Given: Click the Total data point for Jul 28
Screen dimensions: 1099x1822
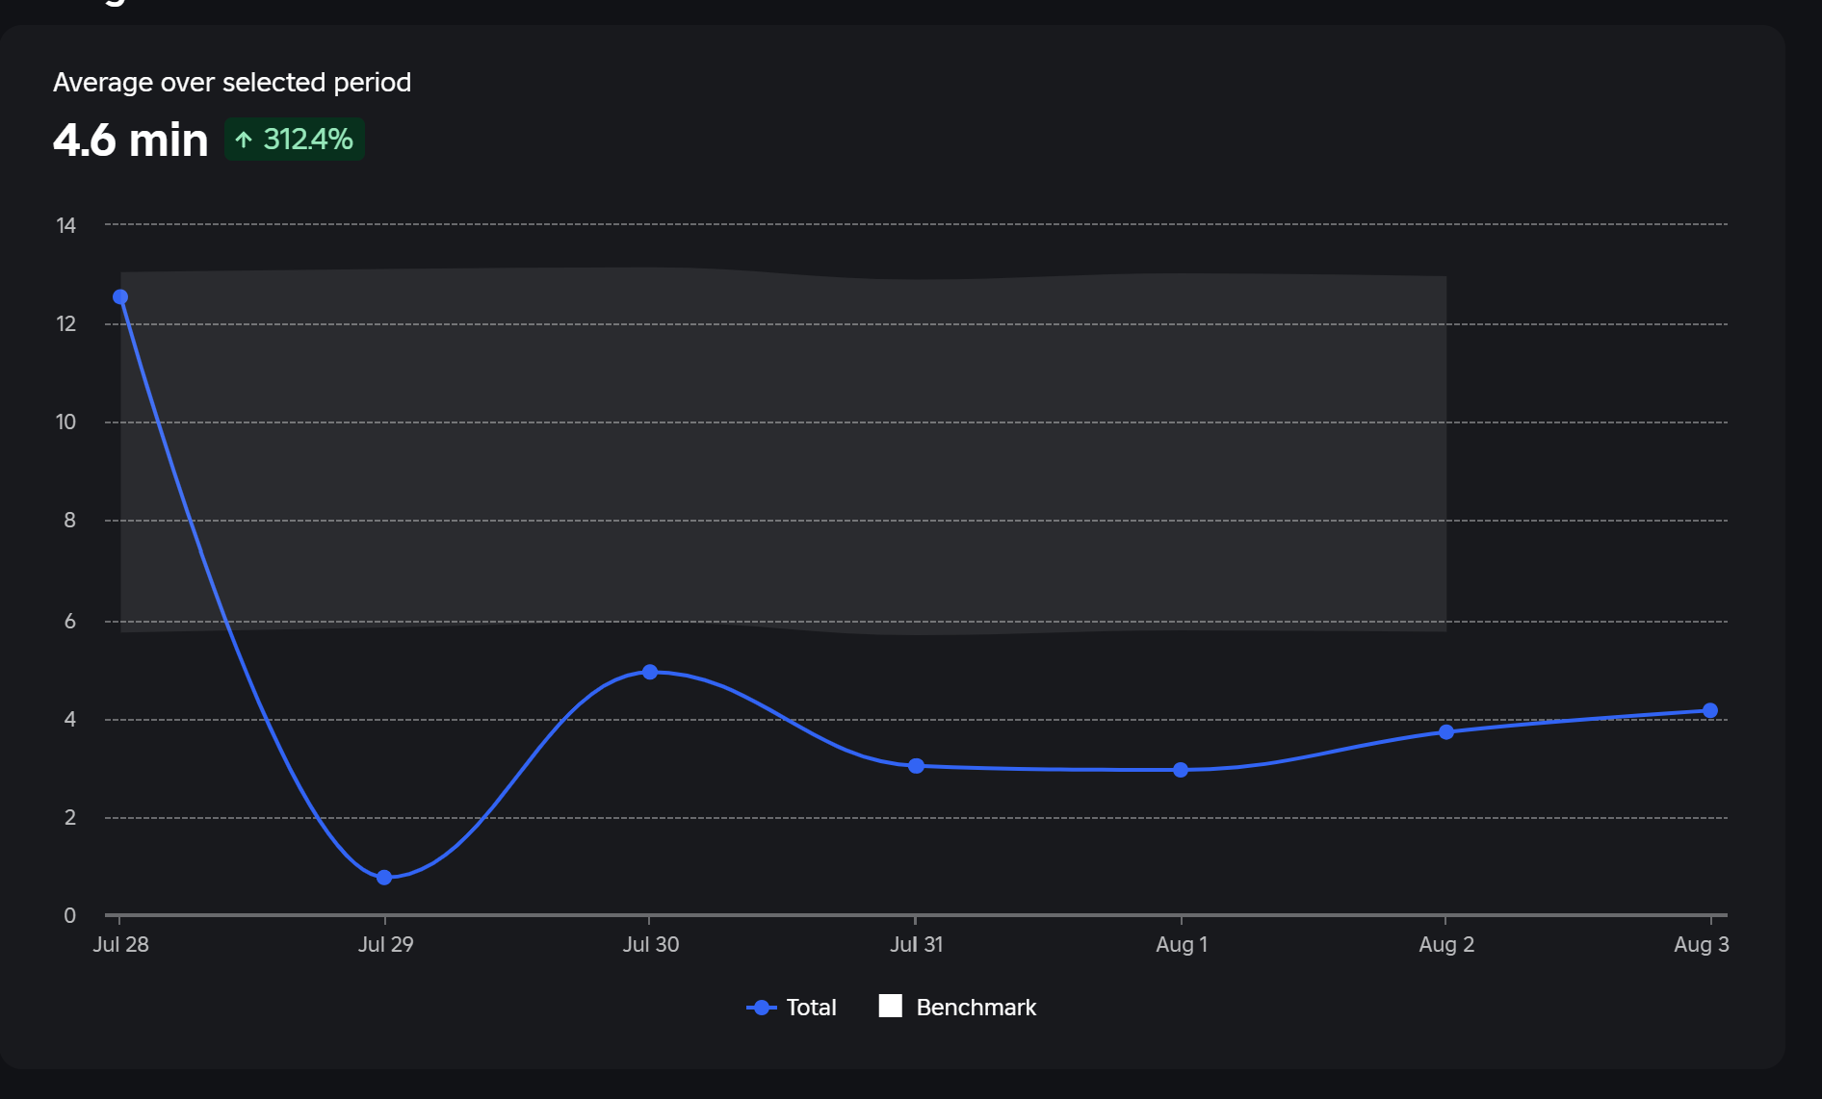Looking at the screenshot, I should (120, 297).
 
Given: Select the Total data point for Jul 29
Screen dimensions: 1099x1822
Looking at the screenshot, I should (384, 878).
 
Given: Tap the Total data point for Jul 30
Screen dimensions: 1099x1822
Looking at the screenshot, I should (650, 672).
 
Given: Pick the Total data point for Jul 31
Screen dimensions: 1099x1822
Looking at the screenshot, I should (916, 766).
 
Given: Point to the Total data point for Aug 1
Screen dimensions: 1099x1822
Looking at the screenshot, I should (1181, 770).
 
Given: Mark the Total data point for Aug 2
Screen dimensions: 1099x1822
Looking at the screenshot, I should (1446, 732).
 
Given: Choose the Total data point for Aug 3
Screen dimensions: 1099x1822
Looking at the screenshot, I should (1710, 711).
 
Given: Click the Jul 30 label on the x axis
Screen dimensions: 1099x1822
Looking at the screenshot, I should (651, 944).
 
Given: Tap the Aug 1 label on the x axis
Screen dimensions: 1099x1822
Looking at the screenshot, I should (1182, 944).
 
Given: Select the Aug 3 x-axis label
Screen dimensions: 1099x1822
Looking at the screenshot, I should (1701, 944).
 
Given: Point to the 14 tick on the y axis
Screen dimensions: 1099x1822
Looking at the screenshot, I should (65, 225).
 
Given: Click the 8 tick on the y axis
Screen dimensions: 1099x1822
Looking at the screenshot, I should (69, 521).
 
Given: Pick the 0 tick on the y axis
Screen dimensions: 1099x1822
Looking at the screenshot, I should (69, 915).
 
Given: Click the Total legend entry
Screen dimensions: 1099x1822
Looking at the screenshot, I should (792, 1008).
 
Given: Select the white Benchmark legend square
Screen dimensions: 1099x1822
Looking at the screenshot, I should (891, 1007).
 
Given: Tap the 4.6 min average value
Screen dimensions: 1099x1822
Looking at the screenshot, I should (130, 141).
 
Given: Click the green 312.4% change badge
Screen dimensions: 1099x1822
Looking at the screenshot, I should (295, 140).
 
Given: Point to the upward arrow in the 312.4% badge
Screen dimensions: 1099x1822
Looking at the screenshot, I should (244, 141).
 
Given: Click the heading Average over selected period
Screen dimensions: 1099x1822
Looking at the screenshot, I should (232, 83).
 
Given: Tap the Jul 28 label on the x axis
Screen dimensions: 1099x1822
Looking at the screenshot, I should (120, 944).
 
